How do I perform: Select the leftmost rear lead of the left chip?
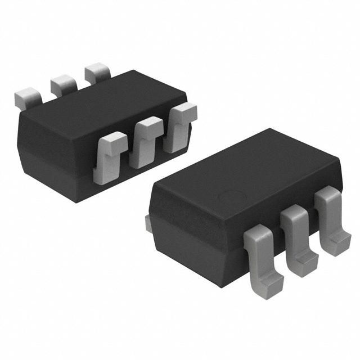point(27,98)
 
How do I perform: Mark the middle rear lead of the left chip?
point(63,84)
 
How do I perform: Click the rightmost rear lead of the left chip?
point(97,74)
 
